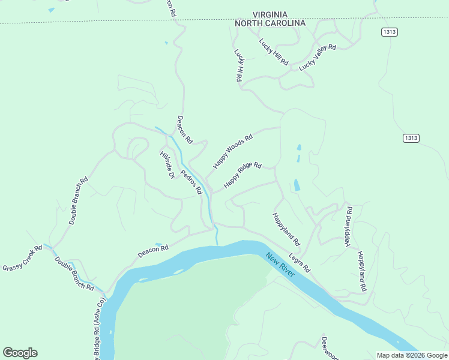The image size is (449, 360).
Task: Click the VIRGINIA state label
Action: click(x=270, y=14)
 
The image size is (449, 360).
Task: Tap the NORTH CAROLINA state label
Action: click(x=270, y=23)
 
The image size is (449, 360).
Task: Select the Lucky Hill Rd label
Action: click(x=274, y=52)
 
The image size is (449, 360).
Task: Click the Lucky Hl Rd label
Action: click(x=239, y=65)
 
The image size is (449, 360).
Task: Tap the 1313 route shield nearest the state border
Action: click(x=389, y=32)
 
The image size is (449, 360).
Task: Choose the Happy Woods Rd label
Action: click(x=233, y=151)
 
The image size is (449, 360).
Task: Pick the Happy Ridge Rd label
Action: click(x=243, y=175)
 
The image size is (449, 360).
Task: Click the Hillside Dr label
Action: click(x=167, y=164)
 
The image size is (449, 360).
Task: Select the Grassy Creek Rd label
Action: click(x=22, y=258)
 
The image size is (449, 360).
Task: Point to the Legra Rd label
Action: click(x=299, y=262)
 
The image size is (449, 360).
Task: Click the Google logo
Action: click(x=20, y=353)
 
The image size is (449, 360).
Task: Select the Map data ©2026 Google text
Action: click(x=412, y=355)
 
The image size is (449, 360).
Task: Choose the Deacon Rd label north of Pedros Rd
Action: click(x=184, y=130)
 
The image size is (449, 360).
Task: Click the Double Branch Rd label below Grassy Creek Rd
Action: click(x=74, y=274)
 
